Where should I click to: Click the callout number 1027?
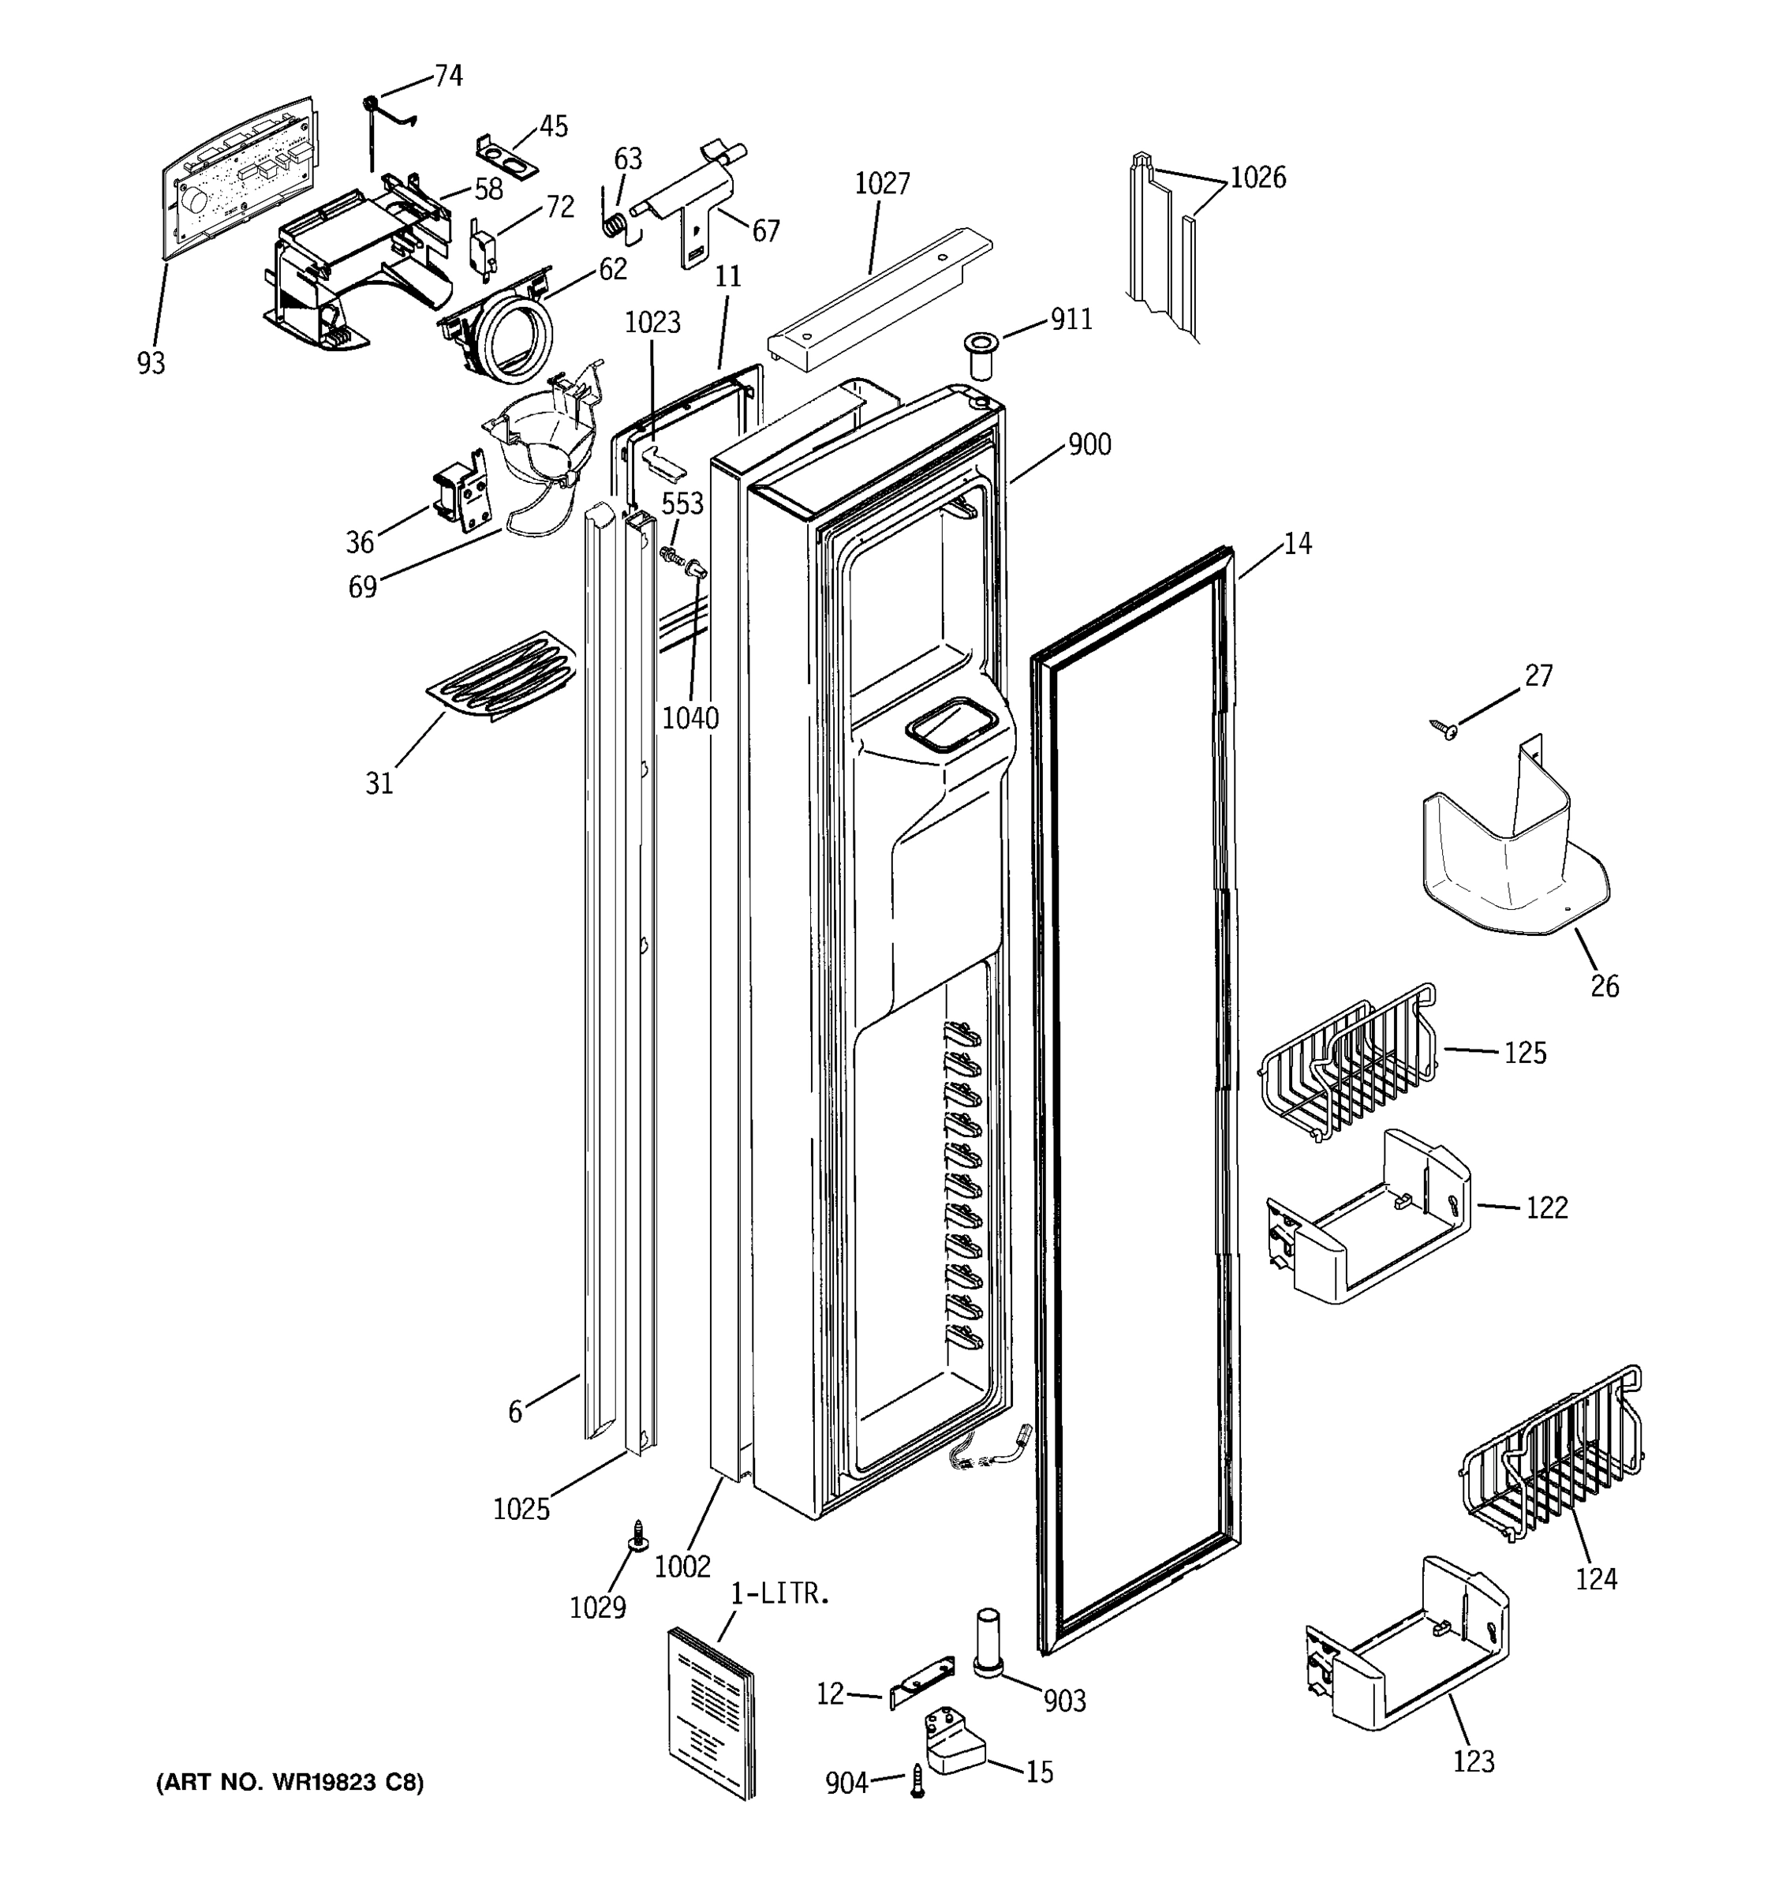[x=882, y=183]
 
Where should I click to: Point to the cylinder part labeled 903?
[x=987, y=1641]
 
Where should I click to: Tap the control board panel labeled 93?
[x=238, y=176]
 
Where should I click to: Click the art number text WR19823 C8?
[x=290, y=1782]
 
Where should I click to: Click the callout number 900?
[x=1089, y=445]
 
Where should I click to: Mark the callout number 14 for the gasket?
[x=1297, y=544]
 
